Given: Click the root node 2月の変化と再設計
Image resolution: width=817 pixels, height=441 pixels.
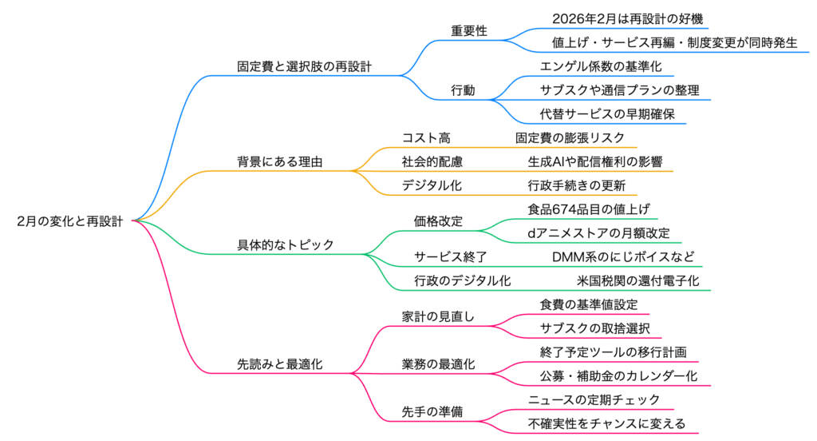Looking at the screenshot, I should (x=70, y=221).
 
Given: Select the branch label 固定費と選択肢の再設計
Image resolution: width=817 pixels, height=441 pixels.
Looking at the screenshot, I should (x=305, y=66).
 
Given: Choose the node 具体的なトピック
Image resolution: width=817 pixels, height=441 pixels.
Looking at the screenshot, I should (x=286, y=244).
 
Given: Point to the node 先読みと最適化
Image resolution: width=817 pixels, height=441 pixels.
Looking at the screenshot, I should (x=280, y=364).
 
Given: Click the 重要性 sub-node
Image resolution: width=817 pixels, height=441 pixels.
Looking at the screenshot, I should (x=469, y=31).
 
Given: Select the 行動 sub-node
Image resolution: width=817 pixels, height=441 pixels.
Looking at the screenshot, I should (x=463, y=90).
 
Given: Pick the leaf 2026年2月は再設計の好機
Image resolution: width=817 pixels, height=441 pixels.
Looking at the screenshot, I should (x=627, y=18).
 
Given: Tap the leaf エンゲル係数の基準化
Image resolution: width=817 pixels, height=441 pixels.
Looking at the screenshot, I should (x=601, y=66).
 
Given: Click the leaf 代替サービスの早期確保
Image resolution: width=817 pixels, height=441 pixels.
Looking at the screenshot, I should (x=607, y=113).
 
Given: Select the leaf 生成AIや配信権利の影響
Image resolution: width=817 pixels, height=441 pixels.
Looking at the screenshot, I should (x=594, y=161).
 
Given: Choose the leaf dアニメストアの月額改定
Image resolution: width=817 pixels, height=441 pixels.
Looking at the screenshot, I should (x=598, y=232).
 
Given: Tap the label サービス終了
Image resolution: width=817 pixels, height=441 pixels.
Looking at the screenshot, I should (x=451, y=256).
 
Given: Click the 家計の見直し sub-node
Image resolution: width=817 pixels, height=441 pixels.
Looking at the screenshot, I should (x=438, y=316).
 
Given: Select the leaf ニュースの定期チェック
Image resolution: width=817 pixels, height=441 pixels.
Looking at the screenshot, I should (x=594, y=399).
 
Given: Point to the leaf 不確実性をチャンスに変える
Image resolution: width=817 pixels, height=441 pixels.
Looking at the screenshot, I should (x=606, y=423).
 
